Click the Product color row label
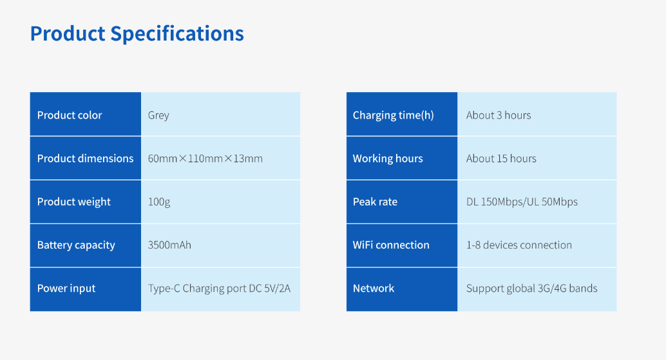tap(70, 115)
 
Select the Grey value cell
tap(158, 115)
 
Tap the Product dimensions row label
tap(85, 158)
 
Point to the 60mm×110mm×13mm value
tap(205, 158)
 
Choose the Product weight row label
tap(74, 202)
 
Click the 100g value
tap(159, 202)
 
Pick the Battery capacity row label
tap(76, 245)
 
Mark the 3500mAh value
tap(169, 245)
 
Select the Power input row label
tap(66, 288)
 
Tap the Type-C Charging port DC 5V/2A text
tap(219, 288)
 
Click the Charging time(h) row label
tap(393, 115)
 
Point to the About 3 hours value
tap(499, 115)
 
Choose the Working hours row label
tap(388, 158)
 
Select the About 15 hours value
tap(501, 158)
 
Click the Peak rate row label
tap(375, 202)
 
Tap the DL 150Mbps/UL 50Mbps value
tap(522, 202)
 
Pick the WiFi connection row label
tap(391, 245)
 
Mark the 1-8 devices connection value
tap(519, 245)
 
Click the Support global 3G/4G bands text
tap(531, 288)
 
